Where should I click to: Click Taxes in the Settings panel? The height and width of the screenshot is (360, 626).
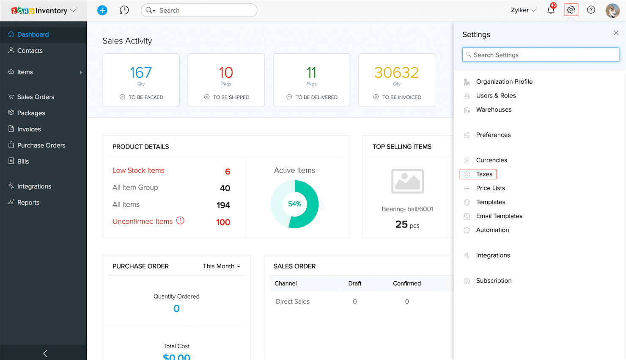click(x=484, y=174)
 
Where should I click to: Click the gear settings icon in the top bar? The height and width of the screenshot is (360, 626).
click(x=571, y=10)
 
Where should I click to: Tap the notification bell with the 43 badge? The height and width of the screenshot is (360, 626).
click(x=551, y=10)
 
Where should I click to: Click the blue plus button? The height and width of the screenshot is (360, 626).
click(x=102, y=10)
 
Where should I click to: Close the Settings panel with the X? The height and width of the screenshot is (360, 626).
click(x=616, y=33)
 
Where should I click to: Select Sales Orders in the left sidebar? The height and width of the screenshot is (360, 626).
click(x=36, y=97)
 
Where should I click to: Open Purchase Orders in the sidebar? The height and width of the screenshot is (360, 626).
click(x=41, y=145)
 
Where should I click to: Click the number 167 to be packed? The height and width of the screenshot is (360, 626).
click(x=141, y=73)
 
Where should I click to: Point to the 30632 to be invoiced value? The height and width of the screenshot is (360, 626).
click(x=396, y=73)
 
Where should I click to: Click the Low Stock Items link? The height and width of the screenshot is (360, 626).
click(x=138, y=170)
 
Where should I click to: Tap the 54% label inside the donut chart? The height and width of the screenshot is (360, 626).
click(x=294, y=204)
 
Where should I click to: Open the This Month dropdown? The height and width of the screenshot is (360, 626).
click(x=221, y=266)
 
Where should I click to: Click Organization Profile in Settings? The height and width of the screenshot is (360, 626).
click(x=504, y=82)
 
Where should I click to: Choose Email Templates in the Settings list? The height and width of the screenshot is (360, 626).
click(x=499, y=216)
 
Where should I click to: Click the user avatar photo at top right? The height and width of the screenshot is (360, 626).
click(x=612, y=10)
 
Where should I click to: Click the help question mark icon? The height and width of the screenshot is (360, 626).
click(x=591, y=10)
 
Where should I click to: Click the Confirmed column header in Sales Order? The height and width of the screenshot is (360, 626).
click(x=406, y=283)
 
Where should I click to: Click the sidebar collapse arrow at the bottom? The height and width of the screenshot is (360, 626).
click(x=45, y=353)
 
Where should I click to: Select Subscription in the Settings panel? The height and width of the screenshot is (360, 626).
click(x=494, y=280)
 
